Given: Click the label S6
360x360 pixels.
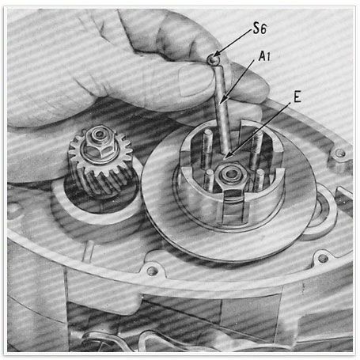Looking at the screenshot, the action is pos(260,28).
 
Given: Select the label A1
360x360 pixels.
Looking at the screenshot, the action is pos(264,56).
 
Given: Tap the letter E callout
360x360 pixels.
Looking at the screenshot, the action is pos(297,97).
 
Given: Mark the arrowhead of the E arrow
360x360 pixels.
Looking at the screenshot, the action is pos(228,156).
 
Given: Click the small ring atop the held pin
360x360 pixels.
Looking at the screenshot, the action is pos(213,59).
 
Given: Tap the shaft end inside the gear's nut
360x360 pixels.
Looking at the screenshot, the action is pos(99,134).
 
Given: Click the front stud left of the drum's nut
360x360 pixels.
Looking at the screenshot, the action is pos(210,180).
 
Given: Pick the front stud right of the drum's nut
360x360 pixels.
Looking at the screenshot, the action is pos(260,180).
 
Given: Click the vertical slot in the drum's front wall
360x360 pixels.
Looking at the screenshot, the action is pos(233,208).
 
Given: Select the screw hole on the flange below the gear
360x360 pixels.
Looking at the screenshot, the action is pos(152,271).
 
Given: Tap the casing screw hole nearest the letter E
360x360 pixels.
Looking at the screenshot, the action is pos(340,153).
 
